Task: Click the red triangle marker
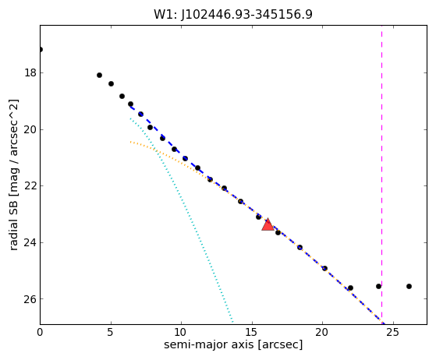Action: click(x=268, y=225)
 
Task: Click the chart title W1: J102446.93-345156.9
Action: click(x=233, y=15)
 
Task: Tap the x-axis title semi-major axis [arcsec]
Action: click(x=233, y=344)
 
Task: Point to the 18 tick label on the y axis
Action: click(x=30, y=72)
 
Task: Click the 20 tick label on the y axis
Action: click(x=30, y=129)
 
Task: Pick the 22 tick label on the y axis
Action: click(x=30, y=185)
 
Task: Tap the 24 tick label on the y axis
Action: click(x=30, y=242)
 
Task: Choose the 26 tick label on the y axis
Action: click(x=30, y=299)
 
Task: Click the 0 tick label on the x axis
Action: click(x=40, y=332)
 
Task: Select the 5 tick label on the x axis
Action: click(x=111, y=332)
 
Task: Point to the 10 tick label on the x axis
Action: click(x=181, y=332)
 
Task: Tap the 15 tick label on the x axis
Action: click(x=252, y=332)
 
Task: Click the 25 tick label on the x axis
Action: click(x=393, y=332)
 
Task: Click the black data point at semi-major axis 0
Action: click(x=41, y=49)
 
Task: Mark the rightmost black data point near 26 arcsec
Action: click(x=409, y=286)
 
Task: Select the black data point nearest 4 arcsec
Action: click(x=99, y=75)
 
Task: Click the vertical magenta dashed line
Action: click(x=381, y=175)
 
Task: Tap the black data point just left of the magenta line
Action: click(x=378, y=286)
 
